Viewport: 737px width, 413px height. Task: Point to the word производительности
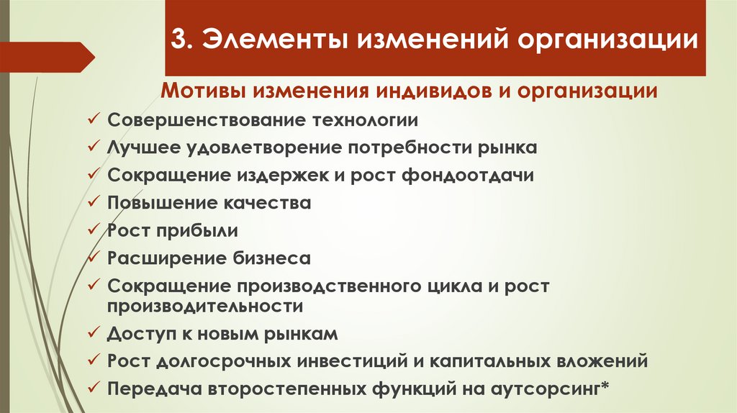tap(205, 306)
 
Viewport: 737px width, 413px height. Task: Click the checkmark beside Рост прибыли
tap(94, 231)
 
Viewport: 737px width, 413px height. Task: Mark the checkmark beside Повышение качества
tap(94, 203)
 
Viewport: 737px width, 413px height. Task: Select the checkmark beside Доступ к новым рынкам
tap(94, 334)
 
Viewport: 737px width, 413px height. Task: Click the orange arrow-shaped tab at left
tap(47, 56)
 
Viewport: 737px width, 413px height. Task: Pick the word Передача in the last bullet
tap(144, 389)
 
